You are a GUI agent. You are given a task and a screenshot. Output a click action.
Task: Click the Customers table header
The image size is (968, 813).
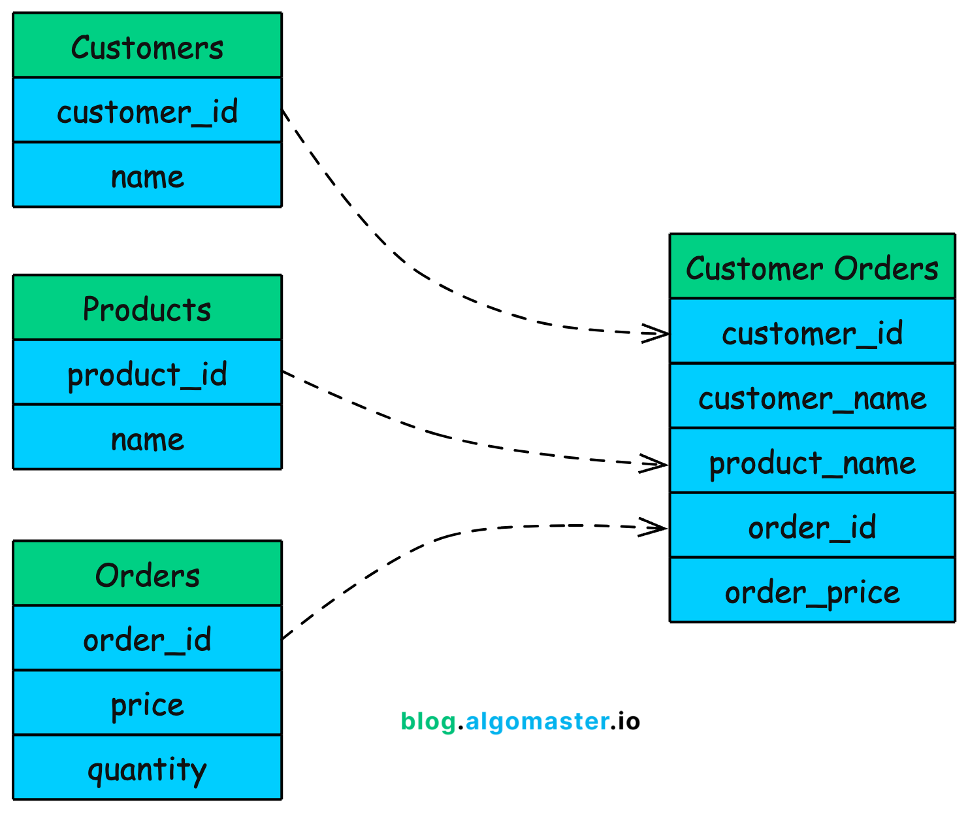pos(147,46)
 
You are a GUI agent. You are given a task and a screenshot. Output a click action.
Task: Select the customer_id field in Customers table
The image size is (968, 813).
pos(147,110)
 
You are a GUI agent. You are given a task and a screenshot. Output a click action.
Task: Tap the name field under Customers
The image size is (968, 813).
pos(147,175)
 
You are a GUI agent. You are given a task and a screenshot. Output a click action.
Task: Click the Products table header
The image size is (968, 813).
pos(147,308)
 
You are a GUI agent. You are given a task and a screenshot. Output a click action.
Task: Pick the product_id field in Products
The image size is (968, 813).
pos(147,373)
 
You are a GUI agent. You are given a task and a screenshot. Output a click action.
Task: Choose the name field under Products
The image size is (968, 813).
pos(147,437)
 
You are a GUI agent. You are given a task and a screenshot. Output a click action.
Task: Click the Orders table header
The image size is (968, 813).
pos(147,574)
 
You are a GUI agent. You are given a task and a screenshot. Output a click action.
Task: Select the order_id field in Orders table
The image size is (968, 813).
pos(147,639)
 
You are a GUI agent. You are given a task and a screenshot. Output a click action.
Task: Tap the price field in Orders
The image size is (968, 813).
pos(147,703)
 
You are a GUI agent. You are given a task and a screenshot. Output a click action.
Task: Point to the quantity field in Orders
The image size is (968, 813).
pos(147,768)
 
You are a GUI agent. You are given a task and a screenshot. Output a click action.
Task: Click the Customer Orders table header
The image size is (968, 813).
pos(812,267)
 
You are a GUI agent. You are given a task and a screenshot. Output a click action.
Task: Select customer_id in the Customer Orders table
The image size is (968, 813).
pos(812,332)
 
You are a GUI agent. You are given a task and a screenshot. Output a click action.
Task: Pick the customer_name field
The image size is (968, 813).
pos(812,397)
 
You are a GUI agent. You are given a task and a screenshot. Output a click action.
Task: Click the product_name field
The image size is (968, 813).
pos(812,461)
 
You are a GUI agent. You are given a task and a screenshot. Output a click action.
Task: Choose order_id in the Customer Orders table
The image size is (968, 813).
pos(812,526)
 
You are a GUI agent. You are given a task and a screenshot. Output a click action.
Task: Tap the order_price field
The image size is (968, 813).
pos(812,591)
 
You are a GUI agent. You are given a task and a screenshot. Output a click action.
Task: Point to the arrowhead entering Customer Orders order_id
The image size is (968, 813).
pos(655,527)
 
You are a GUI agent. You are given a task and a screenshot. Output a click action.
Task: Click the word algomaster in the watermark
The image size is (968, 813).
pos(537,722)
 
